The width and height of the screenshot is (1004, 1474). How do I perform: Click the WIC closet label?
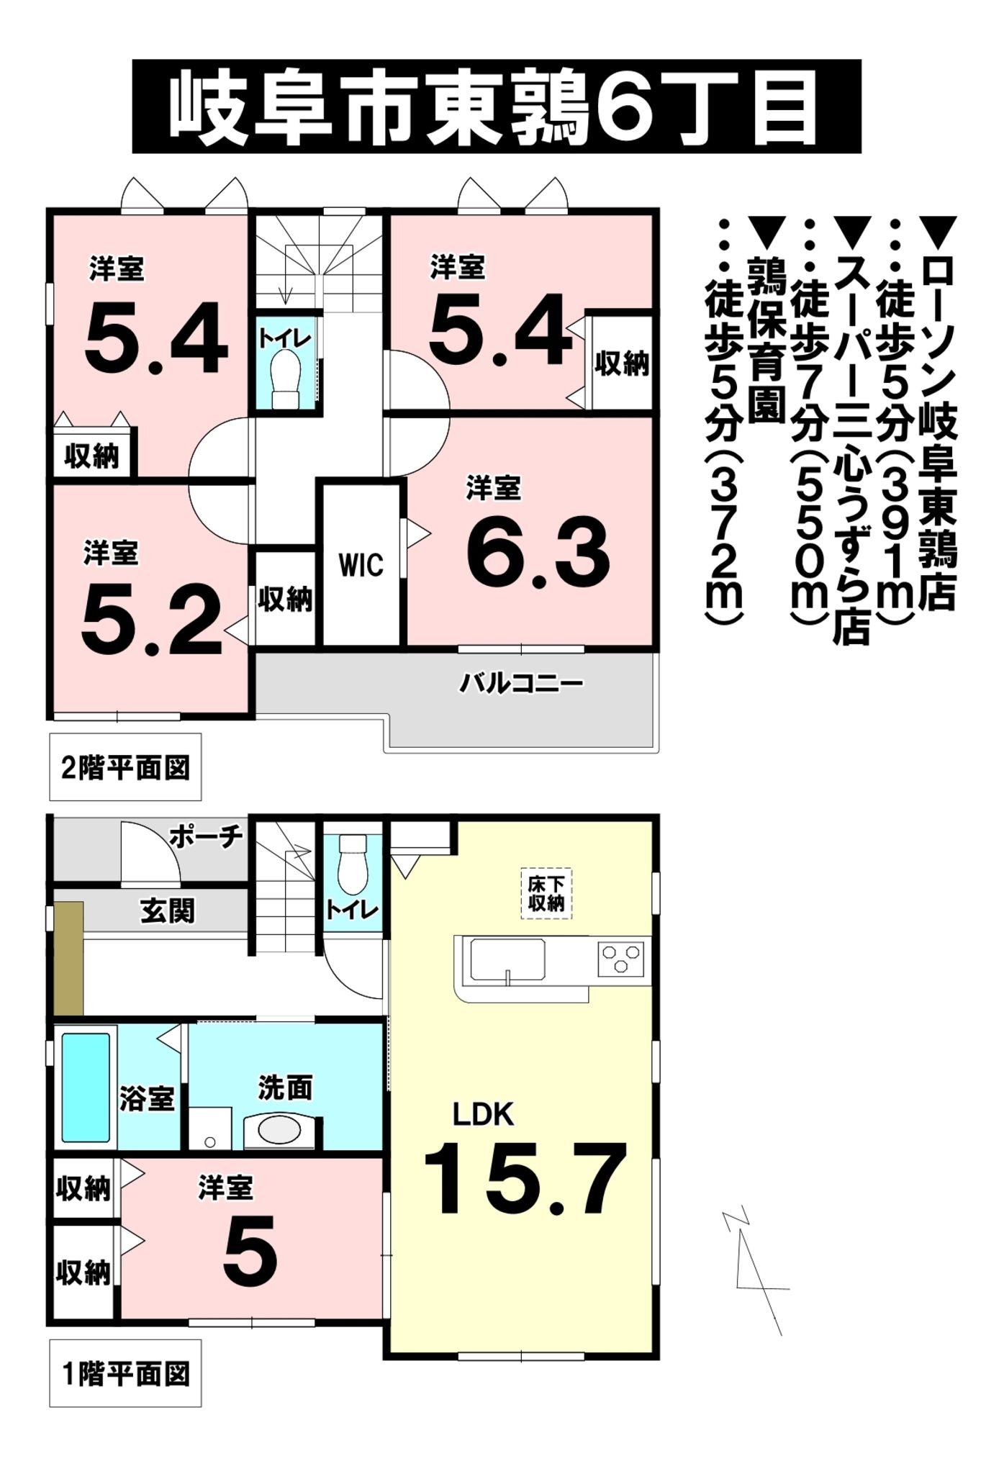tap(361, 566)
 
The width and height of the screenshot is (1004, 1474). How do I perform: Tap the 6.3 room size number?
tap(538, 551)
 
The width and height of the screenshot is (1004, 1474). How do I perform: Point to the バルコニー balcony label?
tap(521, 682)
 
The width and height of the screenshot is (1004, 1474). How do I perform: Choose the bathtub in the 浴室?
tap(85, 1088)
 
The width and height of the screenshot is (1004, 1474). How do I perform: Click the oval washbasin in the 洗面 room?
tap(279, 1131)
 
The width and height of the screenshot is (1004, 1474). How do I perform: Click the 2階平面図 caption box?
tap(125, 767)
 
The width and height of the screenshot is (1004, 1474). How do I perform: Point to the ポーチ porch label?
tap(206, 836)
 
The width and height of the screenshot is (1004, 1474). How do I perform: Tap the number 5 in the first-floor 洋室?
tap(250, 1252)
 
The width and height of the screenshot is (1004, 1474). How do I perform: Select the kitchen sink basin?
tap(507, 959)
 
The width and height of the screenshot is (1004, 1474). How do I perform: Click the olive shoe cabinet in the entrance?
tap(69, 959)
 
